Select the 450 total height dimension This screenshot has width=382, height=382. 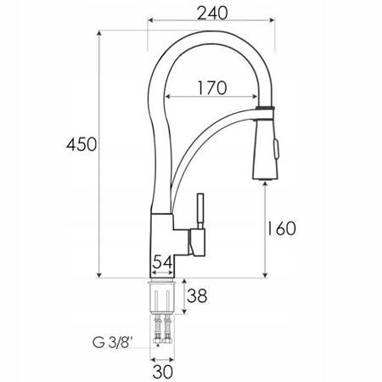pyautogui.click(x=81, y=146)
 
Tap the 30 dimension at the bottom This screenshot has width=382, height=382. pyautogui.click(x=164, y=370)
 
